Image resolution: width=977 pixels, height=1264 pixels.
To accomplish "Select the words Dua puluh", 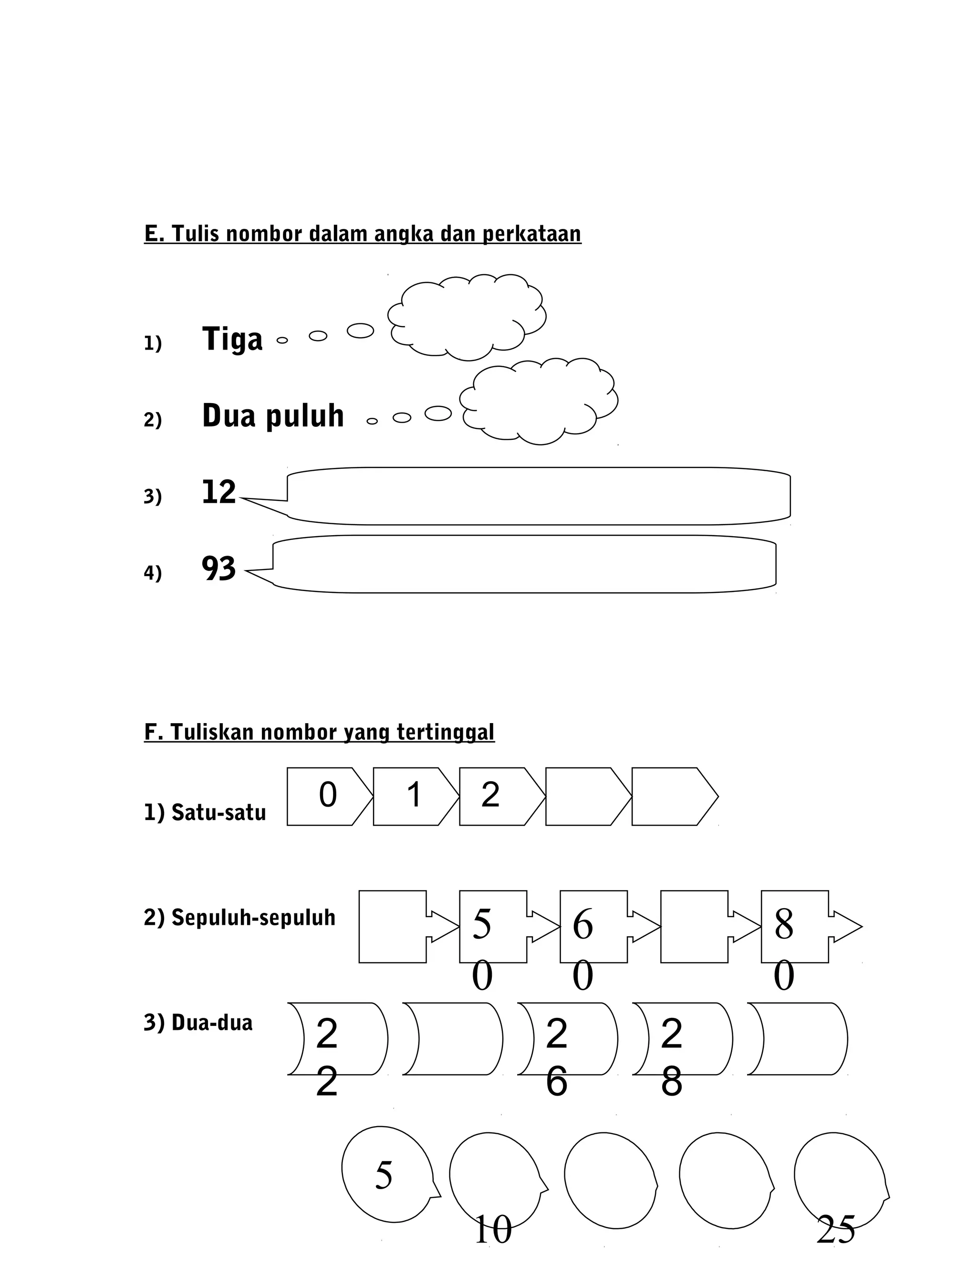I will click(x=272, y=416).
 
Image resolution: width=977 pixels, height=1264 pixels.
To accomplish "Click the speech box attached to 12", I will click(x=538, y=496).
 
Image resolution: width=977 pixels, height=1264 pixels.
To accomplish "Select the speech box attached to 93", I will click(x=524, y=564).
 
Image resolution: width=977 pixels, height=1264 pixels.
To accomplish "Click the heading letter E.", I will click(x=152, y=234).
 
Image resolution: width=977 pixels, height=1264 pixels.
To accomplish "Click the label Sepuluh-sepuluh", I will click(x=239, y=917).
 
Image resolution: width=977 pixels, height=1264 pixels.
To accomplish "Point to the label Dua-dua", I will click(x=198, y=1023).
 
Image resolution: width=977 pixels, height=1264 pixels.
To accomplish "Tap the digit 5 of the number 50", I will click(x=481, y=924).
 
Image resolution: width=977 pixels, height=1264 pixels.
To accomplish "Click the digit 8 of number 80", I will click(x=784, y=924).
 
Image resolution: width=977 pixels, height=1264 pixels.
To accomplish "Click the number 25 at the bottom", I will click(x=835, y=1229).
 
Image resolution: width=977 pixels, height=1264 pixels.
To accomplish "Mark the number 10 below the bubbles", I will click(x=492, y=1229).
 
